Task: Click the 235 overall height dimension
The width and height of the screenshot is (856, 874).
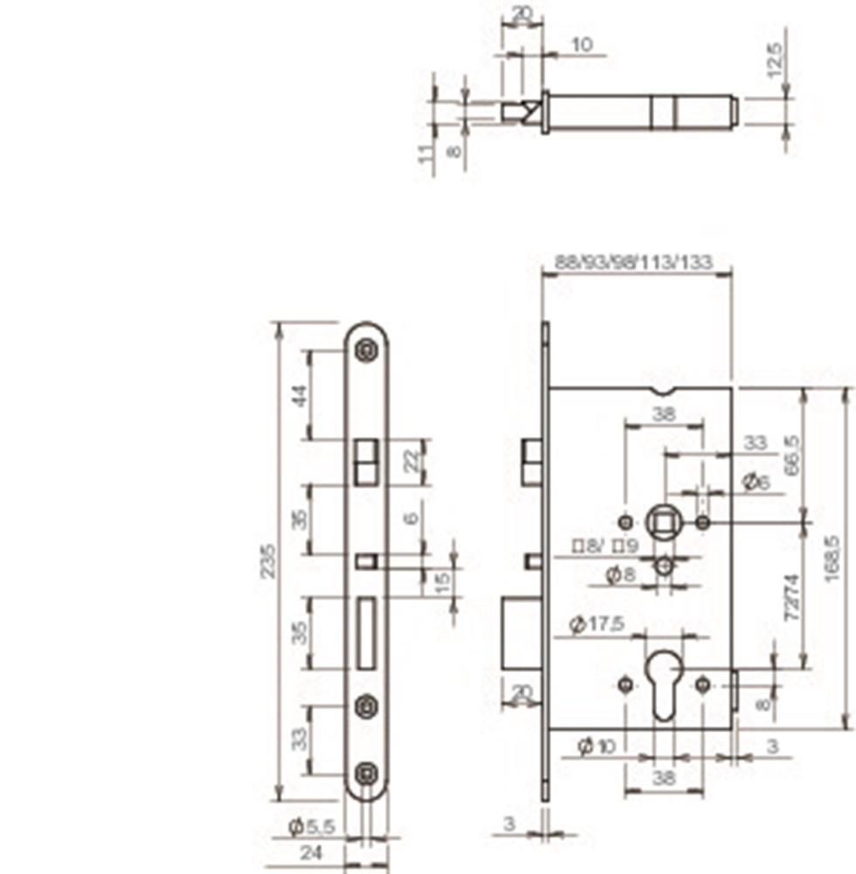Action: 268,560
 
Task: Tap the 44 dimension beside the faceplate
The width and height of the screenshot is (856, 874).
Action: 300,395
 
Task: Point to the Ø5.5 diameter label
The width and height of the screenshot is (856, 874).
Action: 313,826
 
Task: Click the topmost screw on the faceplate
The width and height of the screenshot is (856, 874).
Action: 365,350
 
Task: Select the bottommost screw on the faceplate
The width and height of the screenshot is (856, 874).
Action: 365,773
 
